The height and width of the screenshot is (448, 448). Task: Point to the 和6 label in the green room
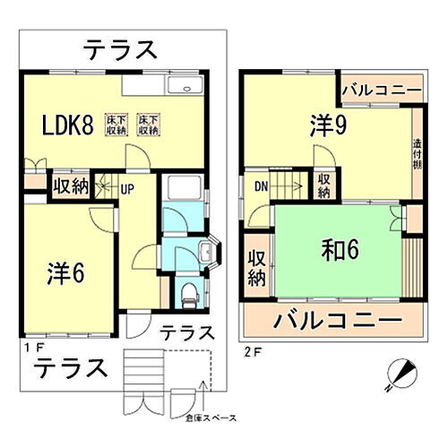pyautogui.click(x=340, y=249)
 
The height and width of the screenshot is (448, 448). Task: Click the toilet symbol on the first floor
pyautogui.click(x=186, y=292)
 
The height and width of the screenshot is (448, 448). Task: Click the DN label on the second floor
pyautogui.click(x=260, y=187)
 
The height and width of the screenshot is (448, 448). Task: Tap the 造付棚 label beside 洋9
pyautogui.click(x=418, y=156)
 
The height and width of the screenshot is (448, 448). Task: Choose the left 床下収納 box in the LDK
pyautogui.click(x=117, y=125)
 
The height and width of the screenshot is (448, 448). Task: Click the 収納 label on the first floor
pyautogui.click(x=70, y=186)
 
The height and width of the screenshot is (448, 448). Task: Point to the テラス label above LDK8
pyautogui.click(x=122, y=50)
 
